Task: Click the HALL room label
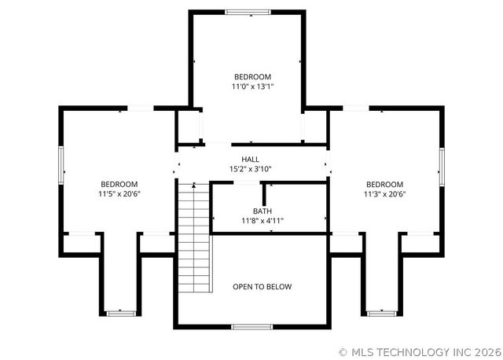(x=250, y=160)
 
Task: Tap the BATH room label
(x=262, y=211)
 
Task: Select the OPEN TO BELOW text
(x=262, y=287)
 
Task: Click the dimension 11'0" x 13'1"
(x=252, y=86)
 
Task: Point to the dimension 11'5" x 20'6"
(x=119, y=193)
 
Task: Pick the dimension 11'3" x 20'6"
(x=384, y=193)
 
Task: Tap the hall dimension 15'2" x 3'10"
(x=250, y=169)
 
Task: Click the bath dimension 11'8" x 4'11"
(x=262, y=221)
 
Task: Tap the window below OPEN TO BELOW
(x=251, y=326)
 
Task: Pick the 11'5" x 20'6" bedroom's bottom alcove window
(x=122, y=314)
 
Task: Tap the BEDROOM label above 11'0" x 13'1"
(x=252, y=76)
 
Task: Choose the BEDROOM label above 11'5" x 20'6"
(x=119, y=184)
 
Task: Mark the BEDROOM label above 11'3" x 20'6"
(x=384, y=184)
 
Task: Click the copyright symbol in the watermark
(x=343, y=352)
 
